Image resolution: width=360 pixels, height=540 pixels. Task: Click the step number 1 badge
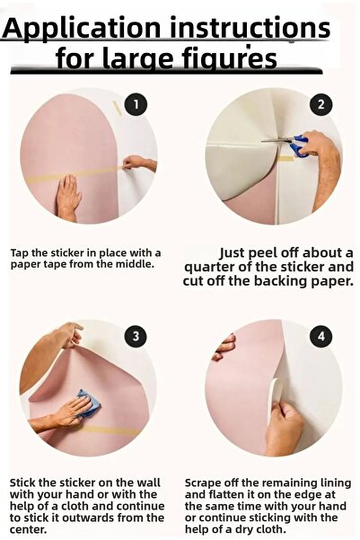click(x=136, y=104)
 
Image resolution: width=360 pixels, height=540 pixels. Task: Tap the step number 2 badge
click(x=321, y=104)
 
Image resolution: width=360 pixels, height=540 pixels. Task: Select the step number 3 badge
click(x=136, y=336)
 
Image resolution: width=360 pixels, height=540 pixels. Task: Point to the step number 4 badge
click(x=321, y=336)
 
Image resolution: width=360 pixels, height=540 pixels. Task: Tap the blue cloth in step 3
click(x=88, y=403)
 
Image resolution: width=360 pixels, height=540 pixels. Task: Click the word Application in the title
click(x=82, y=29)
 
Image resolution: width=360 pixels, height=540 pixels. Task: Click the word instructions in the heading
click(x=250, y=28)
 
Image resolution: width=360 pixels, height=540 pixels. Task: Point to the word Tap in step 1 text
click(x=20, y=253)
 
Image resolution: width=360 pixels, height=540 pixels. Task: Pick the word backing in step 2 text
click(x=281, y=281)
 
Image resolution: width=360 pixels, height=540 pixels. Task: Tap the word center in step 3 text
click(x=28, y=529)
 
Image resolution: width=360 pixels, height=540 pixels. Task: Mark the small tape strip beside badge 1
click(x=118, y=108)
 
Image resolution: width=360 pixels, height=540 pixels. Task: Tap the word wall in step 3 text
click(x=149, y=482)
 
